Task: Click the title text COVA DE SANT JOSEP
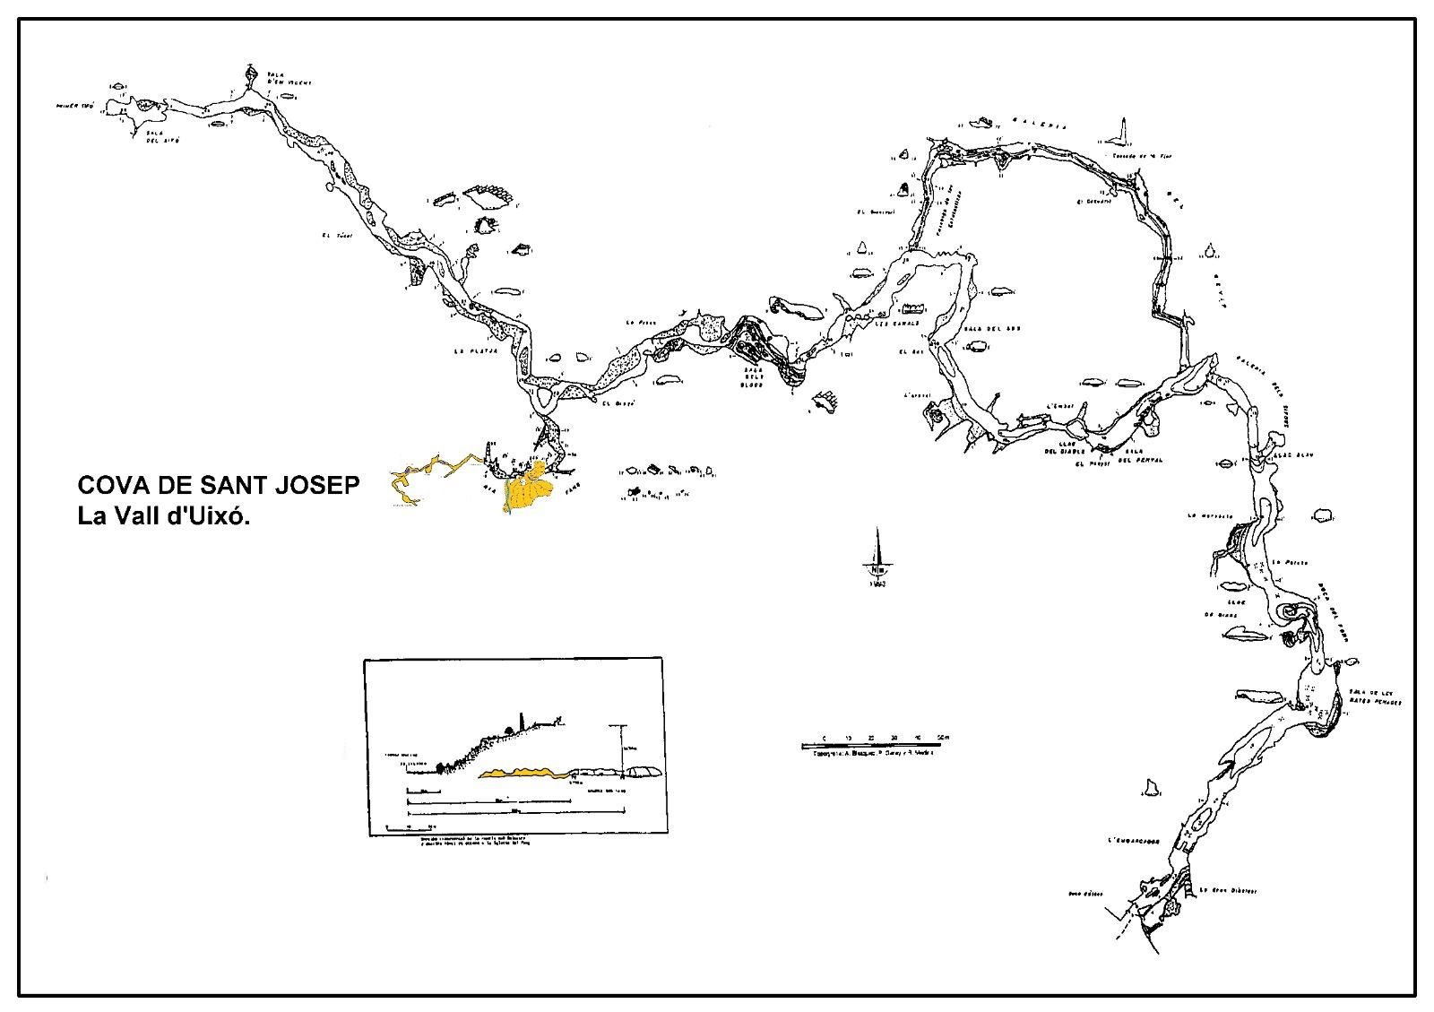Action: (x=219, y=486)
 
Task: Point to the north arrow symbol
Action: (x=877, y=560)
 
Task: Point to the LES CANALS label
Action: (x=895, y=323)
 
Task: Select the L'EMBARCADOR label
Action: (x=1134, y=841)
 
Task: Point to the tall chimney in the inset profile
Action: (x=520, y=722)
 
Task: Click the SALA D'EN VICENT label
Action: (x=289, y=79)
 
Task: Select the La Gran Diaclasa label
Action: (x=1228, y=891)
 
